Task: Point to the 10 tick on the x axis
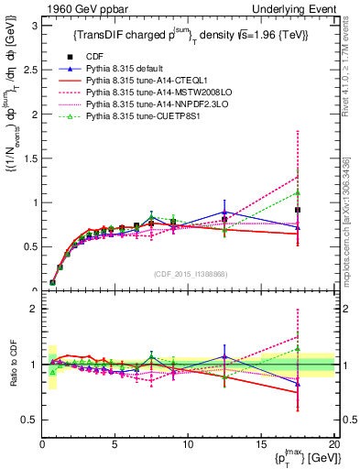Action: pyautogui.click(x=188, y=445)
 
